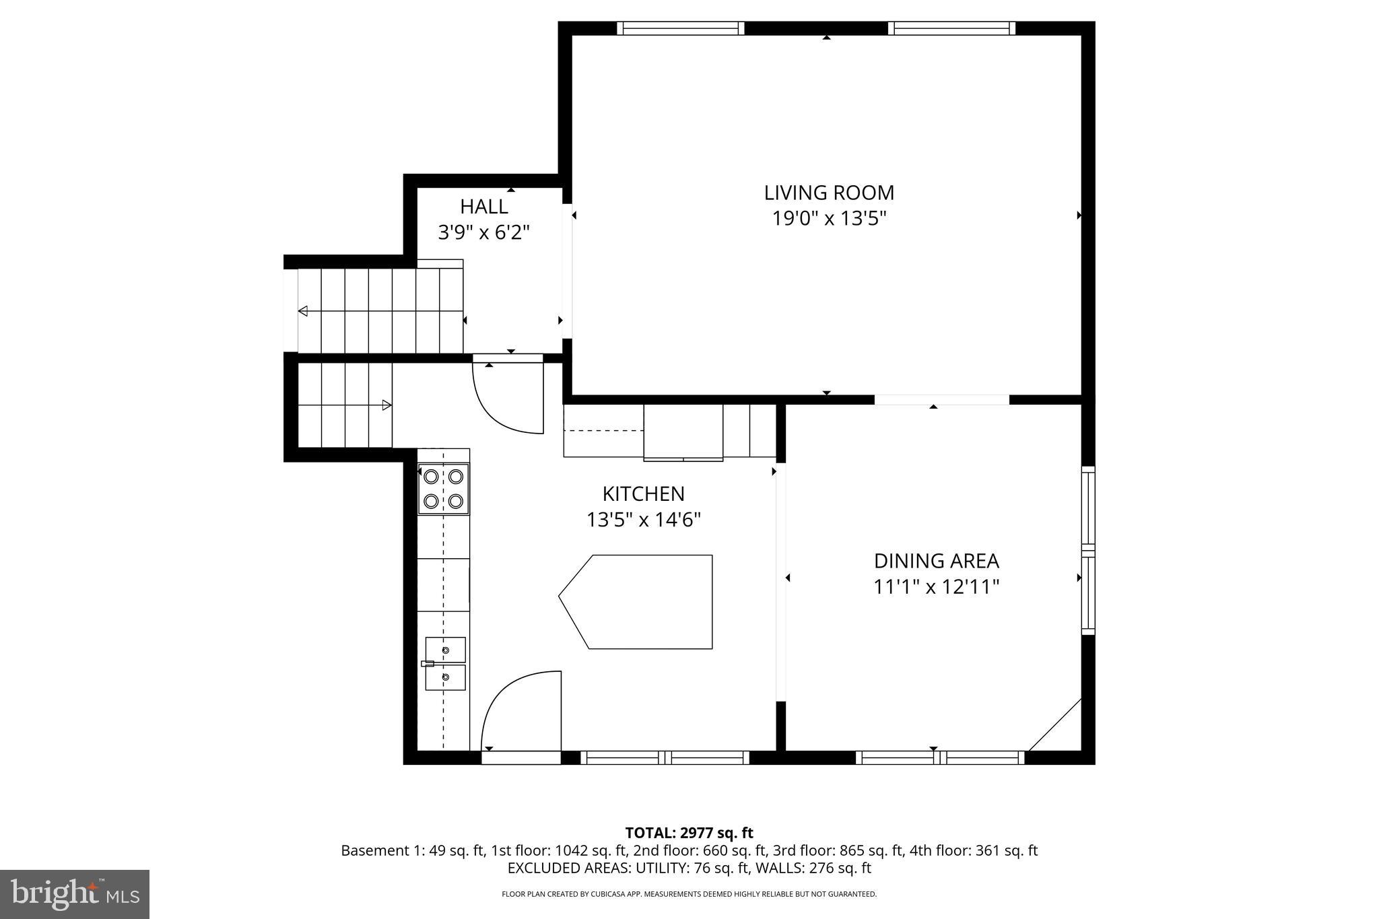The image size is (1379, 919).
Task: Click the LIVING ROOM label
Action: [x=829, y=193]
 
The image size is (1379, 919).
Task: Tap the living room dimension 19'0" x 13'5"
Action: [x=829, y=219]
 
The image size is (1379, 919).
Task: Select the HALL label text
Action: [x=483, y=207]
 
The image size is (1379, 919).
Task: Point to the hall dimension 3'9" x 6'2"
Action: [x=483, y=233]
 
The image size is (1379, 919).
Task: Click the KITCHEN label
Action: [x=643, y=494]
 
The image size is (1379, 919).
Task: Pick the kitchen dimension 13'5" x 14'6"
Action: [x=643, y=520]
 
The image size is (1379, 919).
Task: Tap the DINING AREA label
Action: [x=936, y=561]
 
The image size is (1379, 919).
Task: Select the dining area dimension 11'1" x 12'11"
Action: [x=936, y=587]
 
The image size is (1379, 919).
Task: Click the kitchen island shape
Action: [x=643, y=602]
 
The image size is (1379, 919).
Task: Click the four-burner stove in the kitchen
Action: [x=443, y=489]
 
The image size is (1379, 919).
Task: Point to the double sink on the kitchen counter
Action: [x=445, y=664]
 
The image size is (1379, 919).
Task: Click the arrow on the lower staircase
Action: [x=386, y=405]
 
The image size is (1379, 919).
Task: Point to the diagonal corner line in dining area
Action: [x=1055, y=725]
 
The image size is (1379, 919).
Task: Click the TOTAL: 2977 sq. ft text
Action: [x=689, y=833]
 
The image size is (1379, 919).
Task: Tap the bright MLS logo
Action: [x=75, y=894]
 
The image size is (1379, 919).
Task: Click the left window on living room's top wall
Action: [x=681, y=28]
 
